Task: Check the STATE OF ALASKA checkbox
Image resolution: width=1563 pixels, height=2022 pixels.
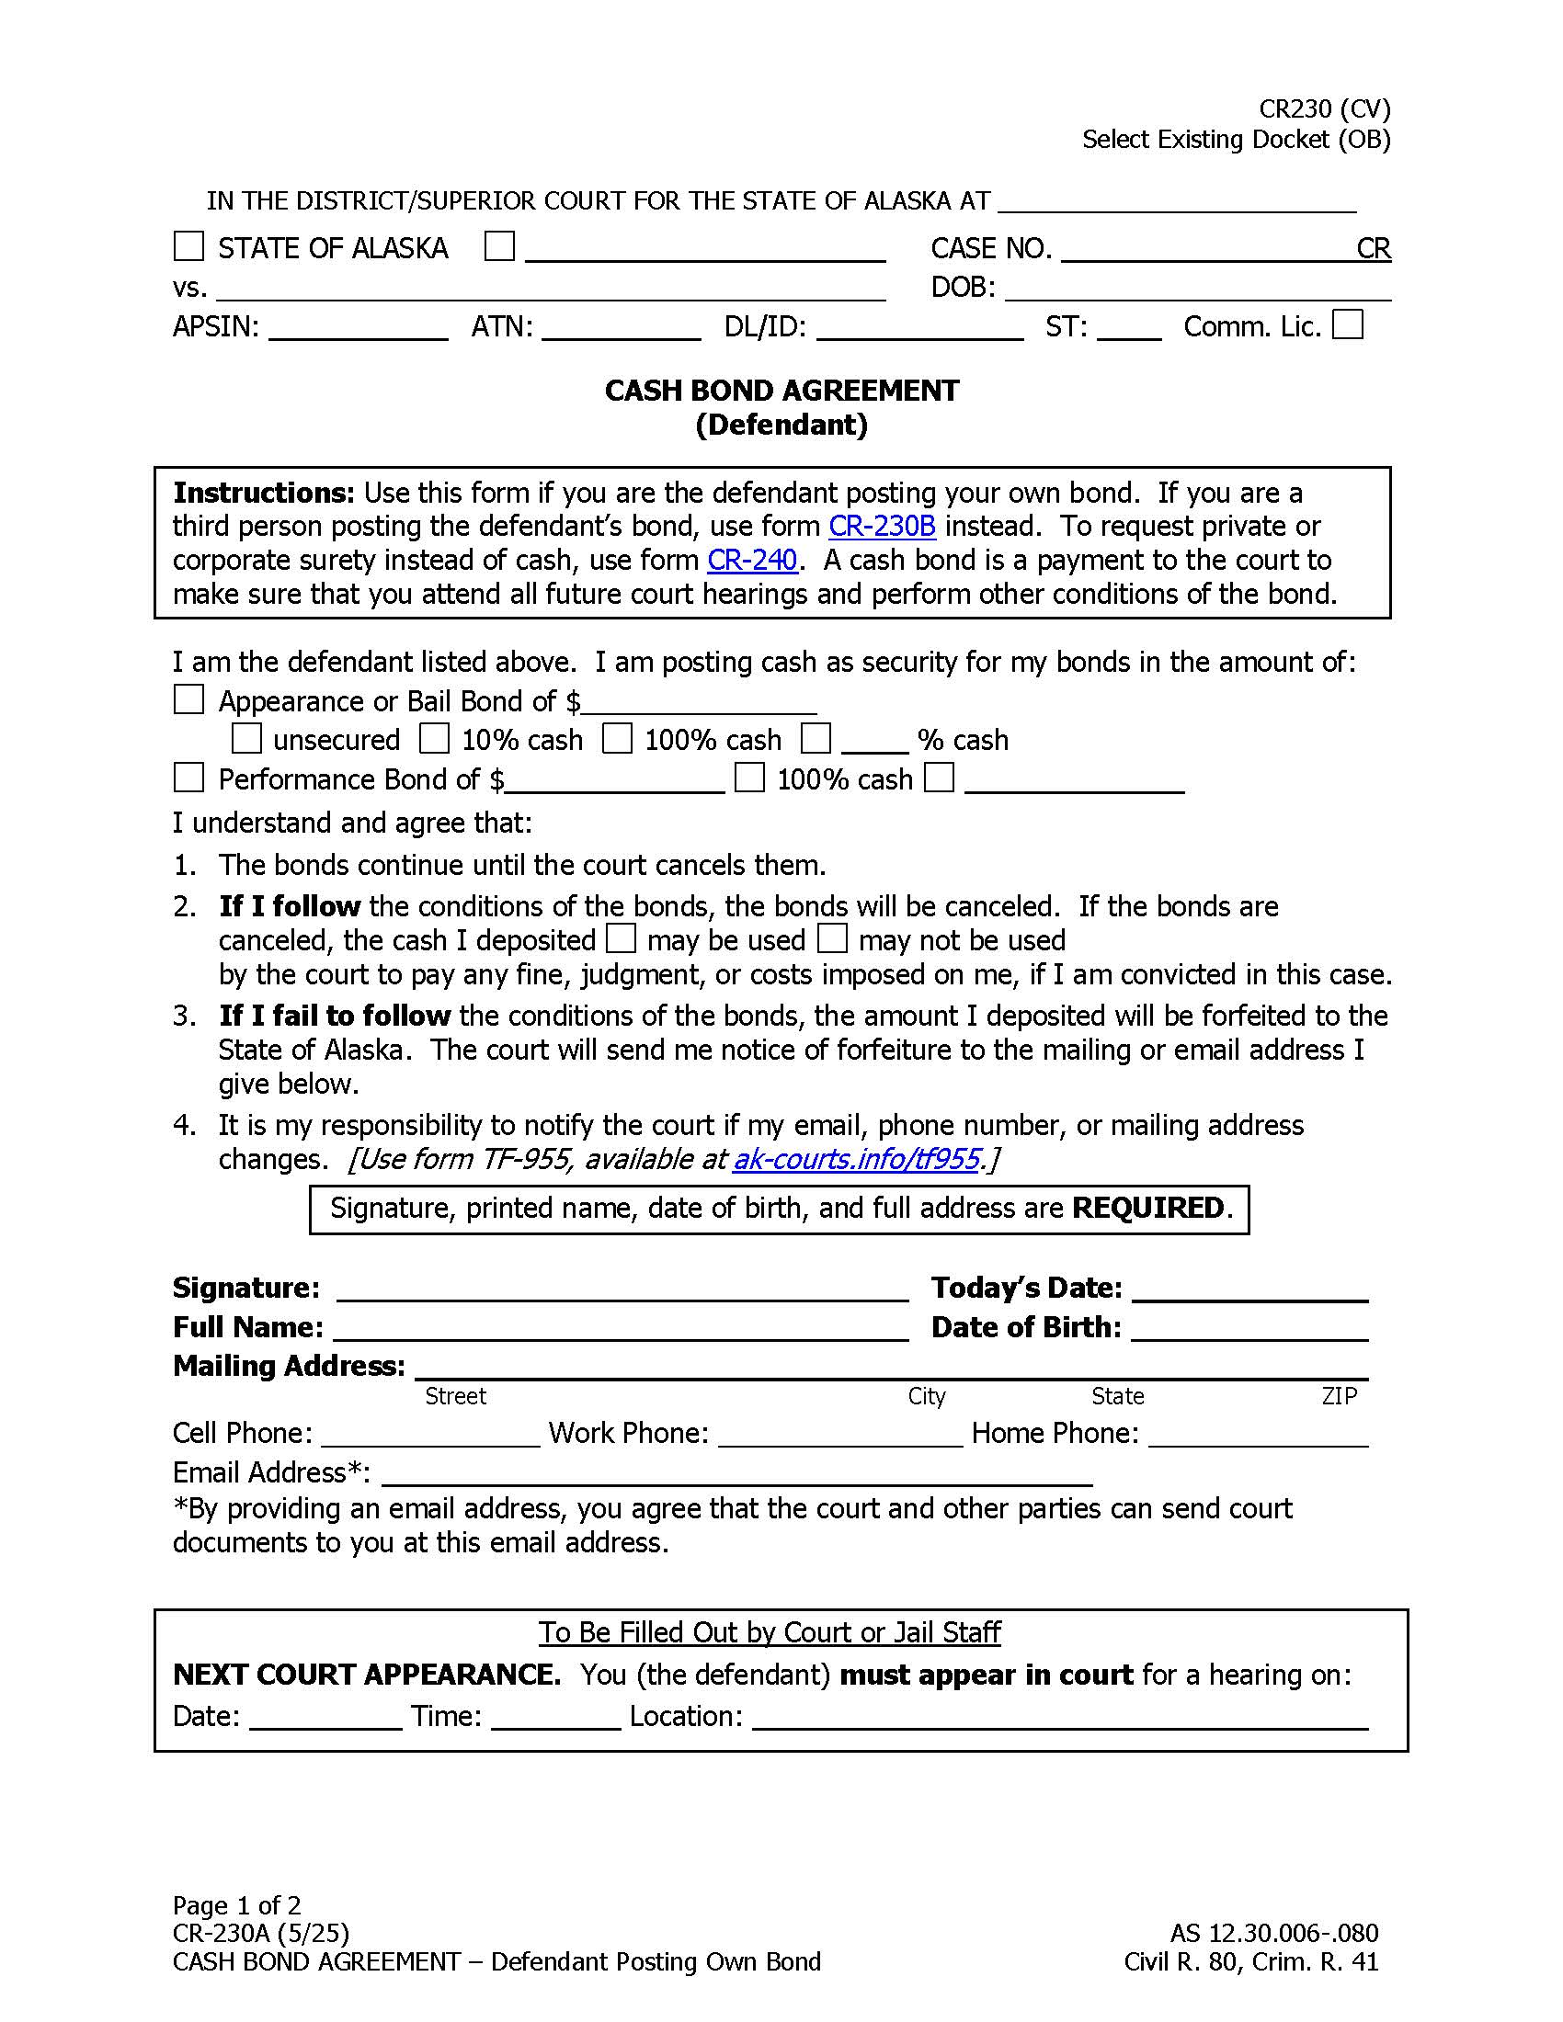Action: pos(188,246)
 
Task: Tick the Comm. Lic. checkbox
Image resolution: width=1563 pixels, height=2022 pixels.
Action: pos(1347,325)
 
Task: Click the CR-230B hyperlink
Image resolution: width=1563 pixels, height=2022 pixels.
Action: pos(882,526)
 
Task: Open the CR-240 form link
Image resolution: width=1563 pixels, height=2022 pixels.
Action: pos(752,560)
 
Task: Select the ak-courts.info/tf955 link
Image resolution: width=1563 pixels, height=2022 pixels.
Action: pos(857,1159)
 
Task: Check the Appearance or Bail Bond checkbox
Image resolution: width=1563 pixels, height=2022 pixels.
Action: pos(188,700)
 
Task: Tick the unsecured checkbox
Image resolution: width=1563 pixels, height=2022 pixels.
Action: pos(246,739)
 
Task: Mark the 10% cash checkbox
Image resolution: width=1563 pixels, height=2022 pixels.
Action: pos(434,739)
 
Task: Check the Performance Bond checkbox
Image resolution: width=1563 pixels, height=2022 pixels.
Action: pos(188,778)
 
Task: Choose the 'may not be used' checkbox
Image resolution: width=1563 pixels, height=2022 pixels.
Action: pos(832,938)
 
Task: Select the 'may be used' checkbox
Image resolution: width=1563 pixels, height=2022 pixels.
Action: pos(621,938)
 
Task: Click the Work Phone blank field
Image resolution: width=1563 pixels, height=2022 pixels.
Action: pos(840,1436)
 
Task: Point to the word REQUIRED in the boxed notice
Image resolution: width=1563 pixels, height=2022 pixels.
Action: pos(1148,1209)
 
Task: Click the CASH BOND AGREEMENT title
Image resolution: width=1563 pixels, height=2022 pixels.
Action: pos(781,391)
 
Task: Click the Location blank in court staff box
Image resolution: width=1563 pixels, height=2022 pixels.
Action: pos(1060,1719)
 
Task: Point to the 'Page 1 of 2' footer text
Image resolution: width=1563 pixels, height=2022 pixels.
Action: pos(237,1905)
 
